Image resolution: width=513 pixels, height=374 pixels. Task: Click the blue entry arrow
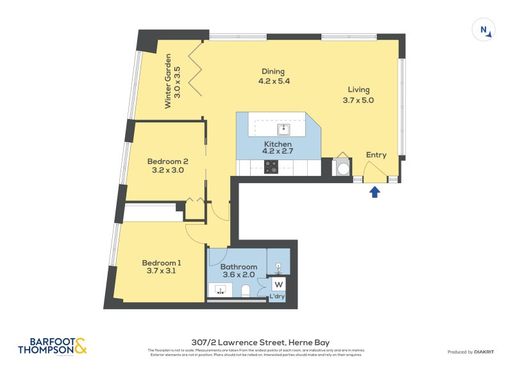[x=375, y=191]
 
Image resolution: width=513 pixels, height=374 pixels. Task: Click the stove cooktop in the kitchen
[x=271, y=167]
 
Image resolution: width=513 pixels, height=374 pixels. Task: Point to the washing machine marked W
[x=279, y=284]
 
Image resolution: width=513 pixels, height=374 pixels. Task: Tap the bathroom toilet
[x=245, y=291]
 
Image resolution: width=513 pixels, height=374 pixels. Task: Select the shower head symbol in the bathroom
[x=278, y=266]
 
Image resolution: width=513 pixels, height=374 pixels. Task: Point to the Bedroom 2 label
[x=167, y=161]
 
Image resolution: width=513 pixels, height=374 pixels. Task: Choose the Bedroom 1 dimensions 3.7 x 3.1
[x=162, y=271]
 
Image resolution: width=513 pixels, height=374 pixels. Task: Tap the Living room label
[x=358, y=90]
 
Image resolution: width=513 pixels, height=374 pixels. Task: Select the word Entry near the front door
[x=376, y=155]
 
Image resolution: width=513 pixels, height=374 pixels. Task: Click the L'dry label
[x=277, y=297]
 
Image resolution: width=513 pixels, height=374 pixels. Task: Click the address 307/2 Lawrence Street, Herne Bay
[x=256, y=343]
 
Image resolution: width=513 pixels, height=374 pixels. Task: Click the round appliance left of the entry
[x=342, y=168]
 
